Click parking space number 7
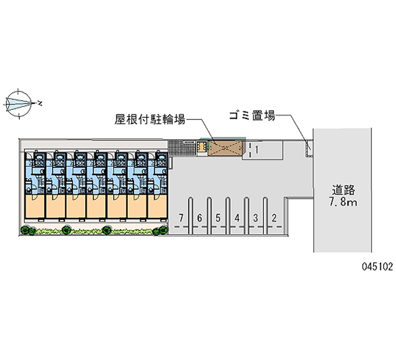(x=182, y=217)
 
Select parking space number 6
(x=199, y=217)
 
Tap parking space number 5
(x=218, y=217)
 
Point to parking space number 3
(x=255, y=217)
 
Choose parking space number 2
(x=273, y=217)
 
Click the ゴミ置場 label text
(x=251, y=116)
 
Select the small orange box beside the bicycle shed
(x=202, y=147)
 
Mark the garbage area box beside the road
(x=308, y=147)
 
